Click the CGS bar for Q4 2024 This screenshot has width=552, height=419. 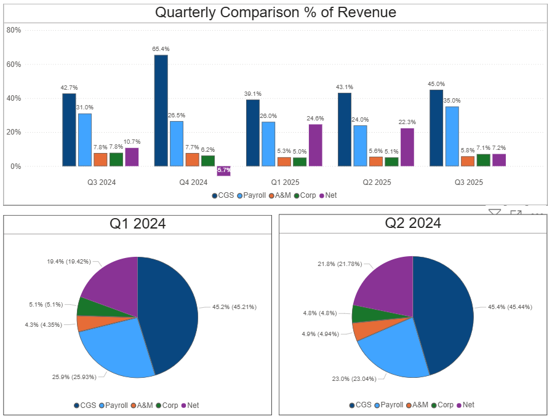[x=161, y=111]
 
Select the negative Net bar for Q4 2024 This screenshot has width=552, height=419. [x=223, y=171]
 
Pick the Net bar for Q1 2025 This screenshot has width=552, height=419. [x=315, y=145]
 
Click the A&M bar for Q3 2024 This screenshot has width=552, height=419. [x=100, y=159]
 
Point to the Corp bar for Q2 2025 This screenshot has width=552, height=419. [x=391, y=162]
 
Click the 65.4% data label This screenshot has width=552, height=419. [x=161, y=49]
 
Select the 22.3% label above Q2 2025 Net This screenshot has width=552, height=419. [x=407, y=122]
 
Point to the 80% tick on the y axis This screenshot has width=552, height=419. [x=14, y=29]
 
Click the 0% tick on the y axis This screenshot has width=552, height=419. [x=16, y=166]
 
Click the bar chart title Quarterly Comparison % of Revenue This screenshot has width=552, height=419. [x=275, y=12]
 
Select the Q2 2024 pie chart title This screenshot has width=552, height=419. [x=412, y=224]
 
